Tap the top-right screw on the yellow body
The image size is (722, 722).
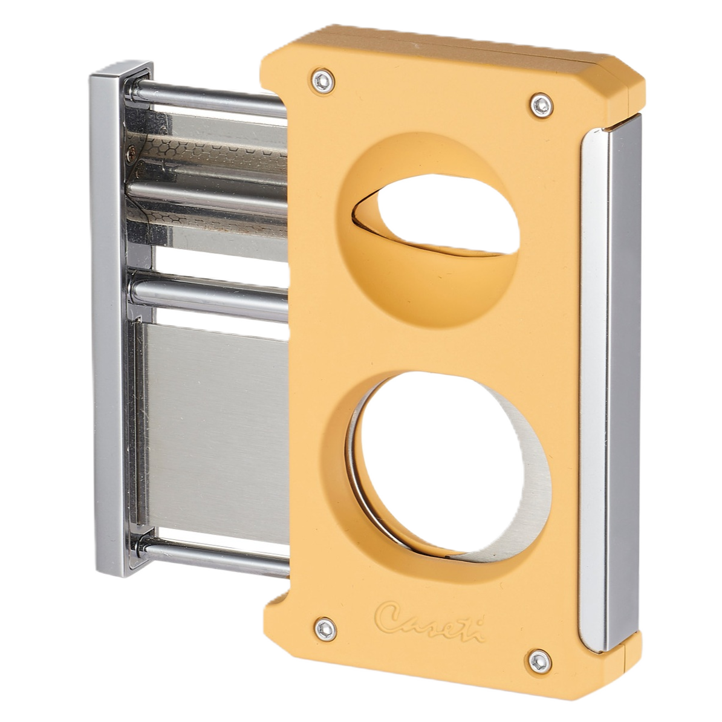click(542, 105)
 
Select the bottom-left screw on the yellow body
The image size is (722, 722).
click(325, 629)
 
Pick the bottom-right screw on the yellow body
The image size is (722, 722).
click(539, 662)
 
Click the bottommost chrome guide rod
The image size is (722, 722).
click(212, 556)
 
